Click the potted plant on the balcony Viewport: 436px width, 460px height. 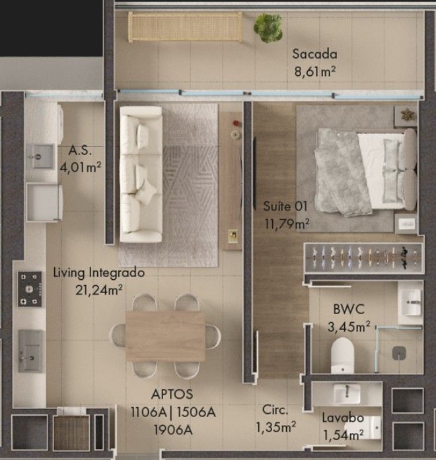(x=268, y=28)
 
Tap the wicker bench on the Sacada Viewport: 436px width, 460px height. (x=185, y=26)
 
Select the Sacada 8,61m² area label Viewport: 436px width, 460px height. (x=314, y=63)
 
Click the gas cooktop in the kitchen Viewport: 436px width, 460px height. (x=30, y=289)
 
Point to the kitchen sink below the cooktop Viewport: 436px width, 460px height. (x=30, y=351)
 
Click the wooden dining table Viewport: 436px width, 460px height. (x=165, y=336)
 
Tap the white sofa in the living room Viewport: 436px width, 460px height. (x=141, y=174)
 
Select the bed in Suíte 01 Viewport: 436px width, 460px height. (x=366, y=172)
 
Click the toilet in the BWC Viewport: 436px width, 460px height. (x=342, y=355)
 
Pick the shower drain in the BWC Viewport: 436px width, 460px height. (x=399, y=353)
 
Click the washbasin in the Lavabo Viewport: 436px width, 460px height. (x=347, y=394)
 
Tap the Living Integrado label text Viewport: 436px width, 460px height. (x=99, y=273)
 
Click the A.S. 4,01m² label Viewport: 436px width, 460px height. (x=80, y=159)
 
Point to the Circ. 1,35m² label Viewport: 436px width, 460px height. (x=275, y=418)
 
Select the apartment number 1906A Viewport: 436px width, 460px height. (x=173, y=430)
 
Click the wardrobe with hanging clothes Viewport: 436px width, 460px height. (x=364, y=257)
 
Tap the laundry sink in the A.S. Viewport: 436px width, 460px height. (x=42, y=156)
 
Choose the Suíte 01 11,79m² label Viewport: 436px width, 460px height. (x=286, y=215)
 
